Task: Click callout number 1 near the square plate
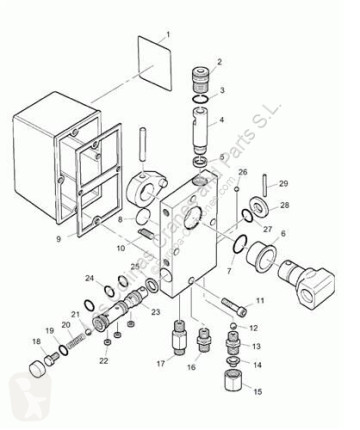tap(168, 35)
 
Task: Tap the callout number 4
tap(221, 122)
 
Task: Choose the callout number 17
tap(159, 362)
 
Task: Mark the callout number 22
tap(104, 361)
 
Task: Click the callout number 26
tap(242, 173)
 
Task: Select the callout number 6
tap(282, 234)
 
